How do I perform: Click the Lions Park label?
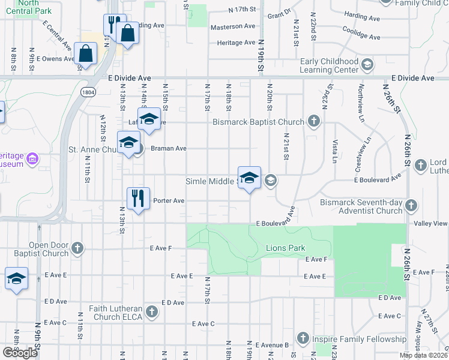[x=285, y=248]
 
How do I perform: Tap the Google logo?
[x=20, y=353]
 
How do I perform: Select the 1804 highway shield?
[x=88, y=92]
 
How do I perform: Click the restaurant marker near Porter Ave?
[x=138, y=198]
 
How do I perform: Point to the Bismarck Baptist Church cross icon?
[x=313, y=122]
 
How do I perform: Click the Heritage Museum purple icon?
[x=33, y=159]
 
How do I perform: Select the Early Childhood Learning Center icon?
[x=367, y=63]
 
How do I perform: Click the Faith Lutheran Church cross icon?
[x=152, y=311]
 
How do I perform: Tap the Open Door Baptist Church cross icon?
[x=77, y=248]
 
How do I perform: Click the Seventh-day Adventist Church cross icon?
[x=411, y=206]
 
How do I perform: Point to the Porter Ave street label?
[x=169, y=200]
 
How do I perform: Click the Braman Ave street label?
[x=169, y=148]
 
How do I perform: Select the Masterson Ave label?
[x=233, y=26]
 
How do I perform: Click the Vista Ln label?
[x=334, y=151]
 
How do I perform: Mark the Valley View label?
[x=431, y=223]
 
